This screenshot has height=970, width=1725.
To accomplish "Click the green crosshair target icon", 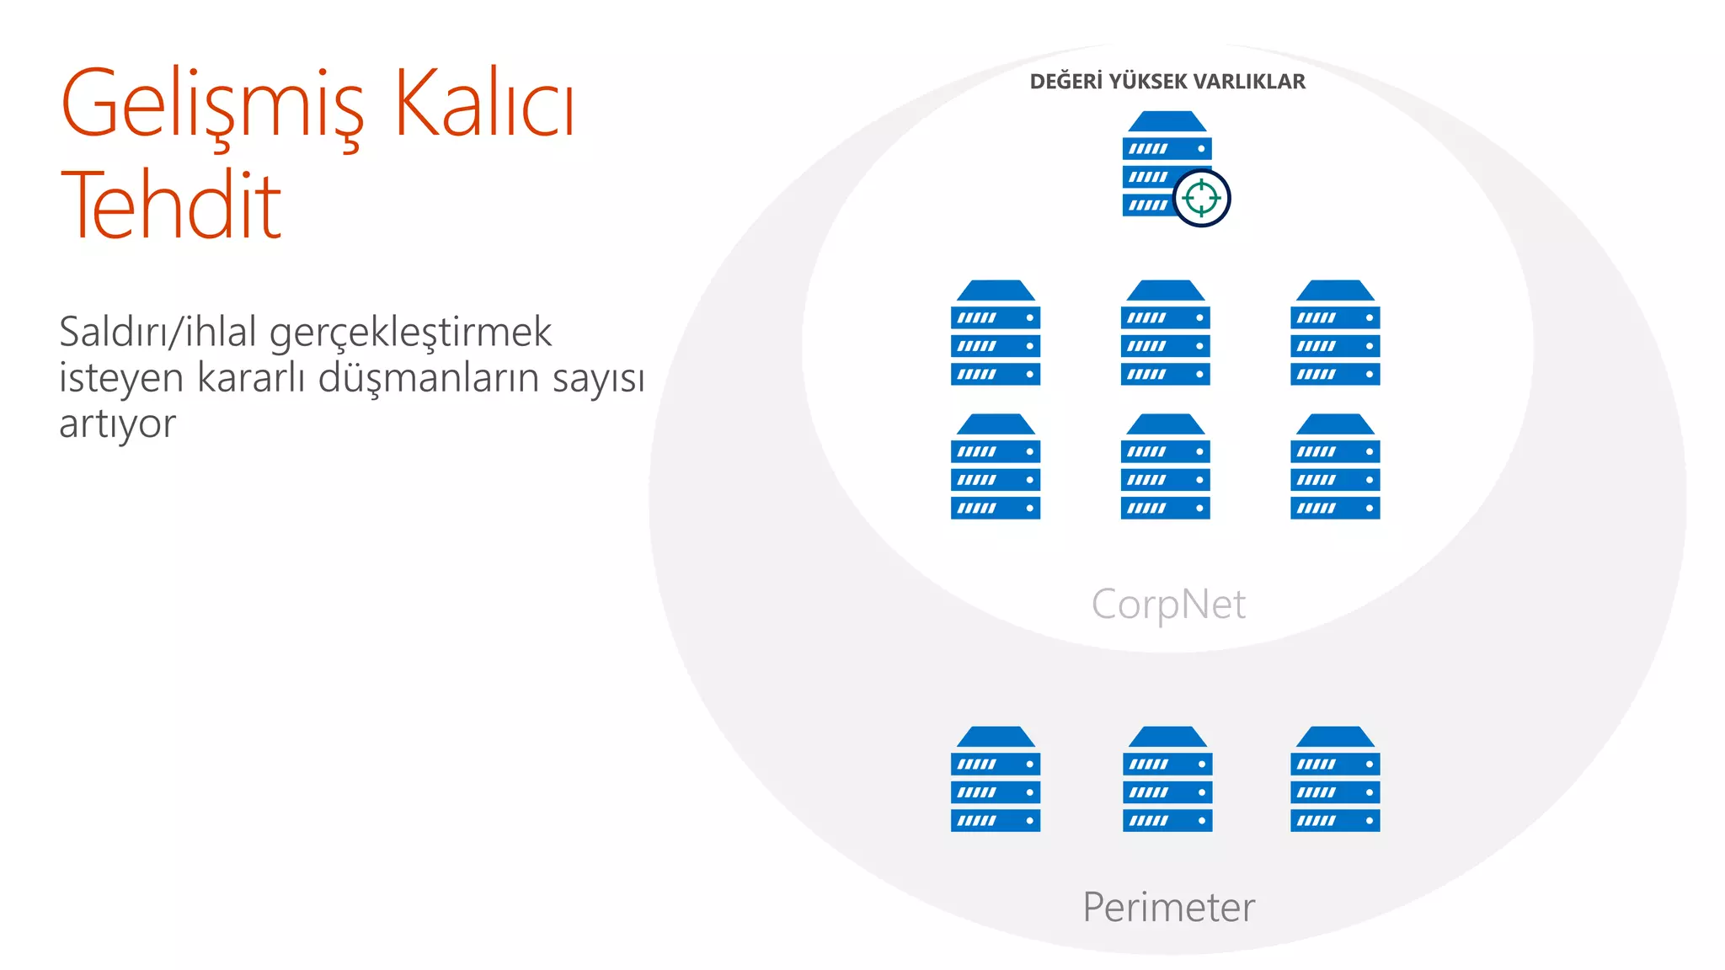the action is pyautogui.click(x=1201, y=198).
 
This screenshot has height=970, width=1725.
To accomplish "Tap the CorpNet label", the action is pyautogui.click(x=1168, y=605).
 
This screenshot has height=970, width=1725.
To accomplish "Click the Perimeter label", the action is pyautogui.click(x=1168, y=907).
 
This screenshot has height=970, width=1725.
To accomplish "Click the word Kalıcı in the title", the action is pyautogui.click(x=484, y=103).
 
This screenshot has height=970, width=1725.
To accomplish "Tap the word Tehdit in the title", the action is pyautogui.click(x=171, y=205).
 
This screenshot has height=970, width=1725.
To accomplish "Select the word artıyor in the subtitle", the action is pyautogui.click(x=118, y=424).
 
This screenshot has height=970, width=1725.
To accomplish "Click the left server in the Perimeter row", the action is pyautogui.click(x=996, y=779).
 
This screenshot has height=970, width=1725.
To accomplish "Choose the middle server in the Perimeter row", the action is pyautogui.click(x=1167, y=779).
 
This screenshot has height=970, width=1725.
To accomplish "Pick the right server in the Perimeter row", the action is pyautogui.click(x=1335, y=779).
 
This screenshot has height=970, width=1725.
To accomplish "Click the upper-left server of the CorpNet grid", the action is pyautogui.click(x=996, y=333).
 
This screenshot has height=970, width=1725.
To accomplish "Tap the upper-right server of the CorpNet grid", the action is pyautogui.click(x=1335, y=333).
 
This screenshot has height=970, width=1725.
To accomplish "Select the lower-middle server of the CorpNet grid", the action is pyautogui.click(x=1166, y=466).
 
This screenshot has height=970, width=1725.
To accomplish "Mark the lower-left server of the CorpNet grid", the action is pyautogui.click(x=996, y=466).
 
